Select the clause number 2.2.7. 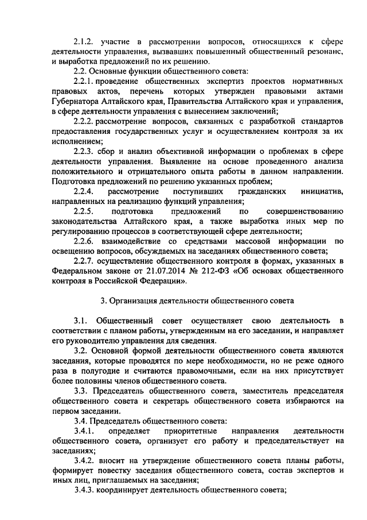tap(85, 262)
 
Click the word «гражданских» tap(255, 190)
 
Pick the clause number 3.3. tap(81, 392)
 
